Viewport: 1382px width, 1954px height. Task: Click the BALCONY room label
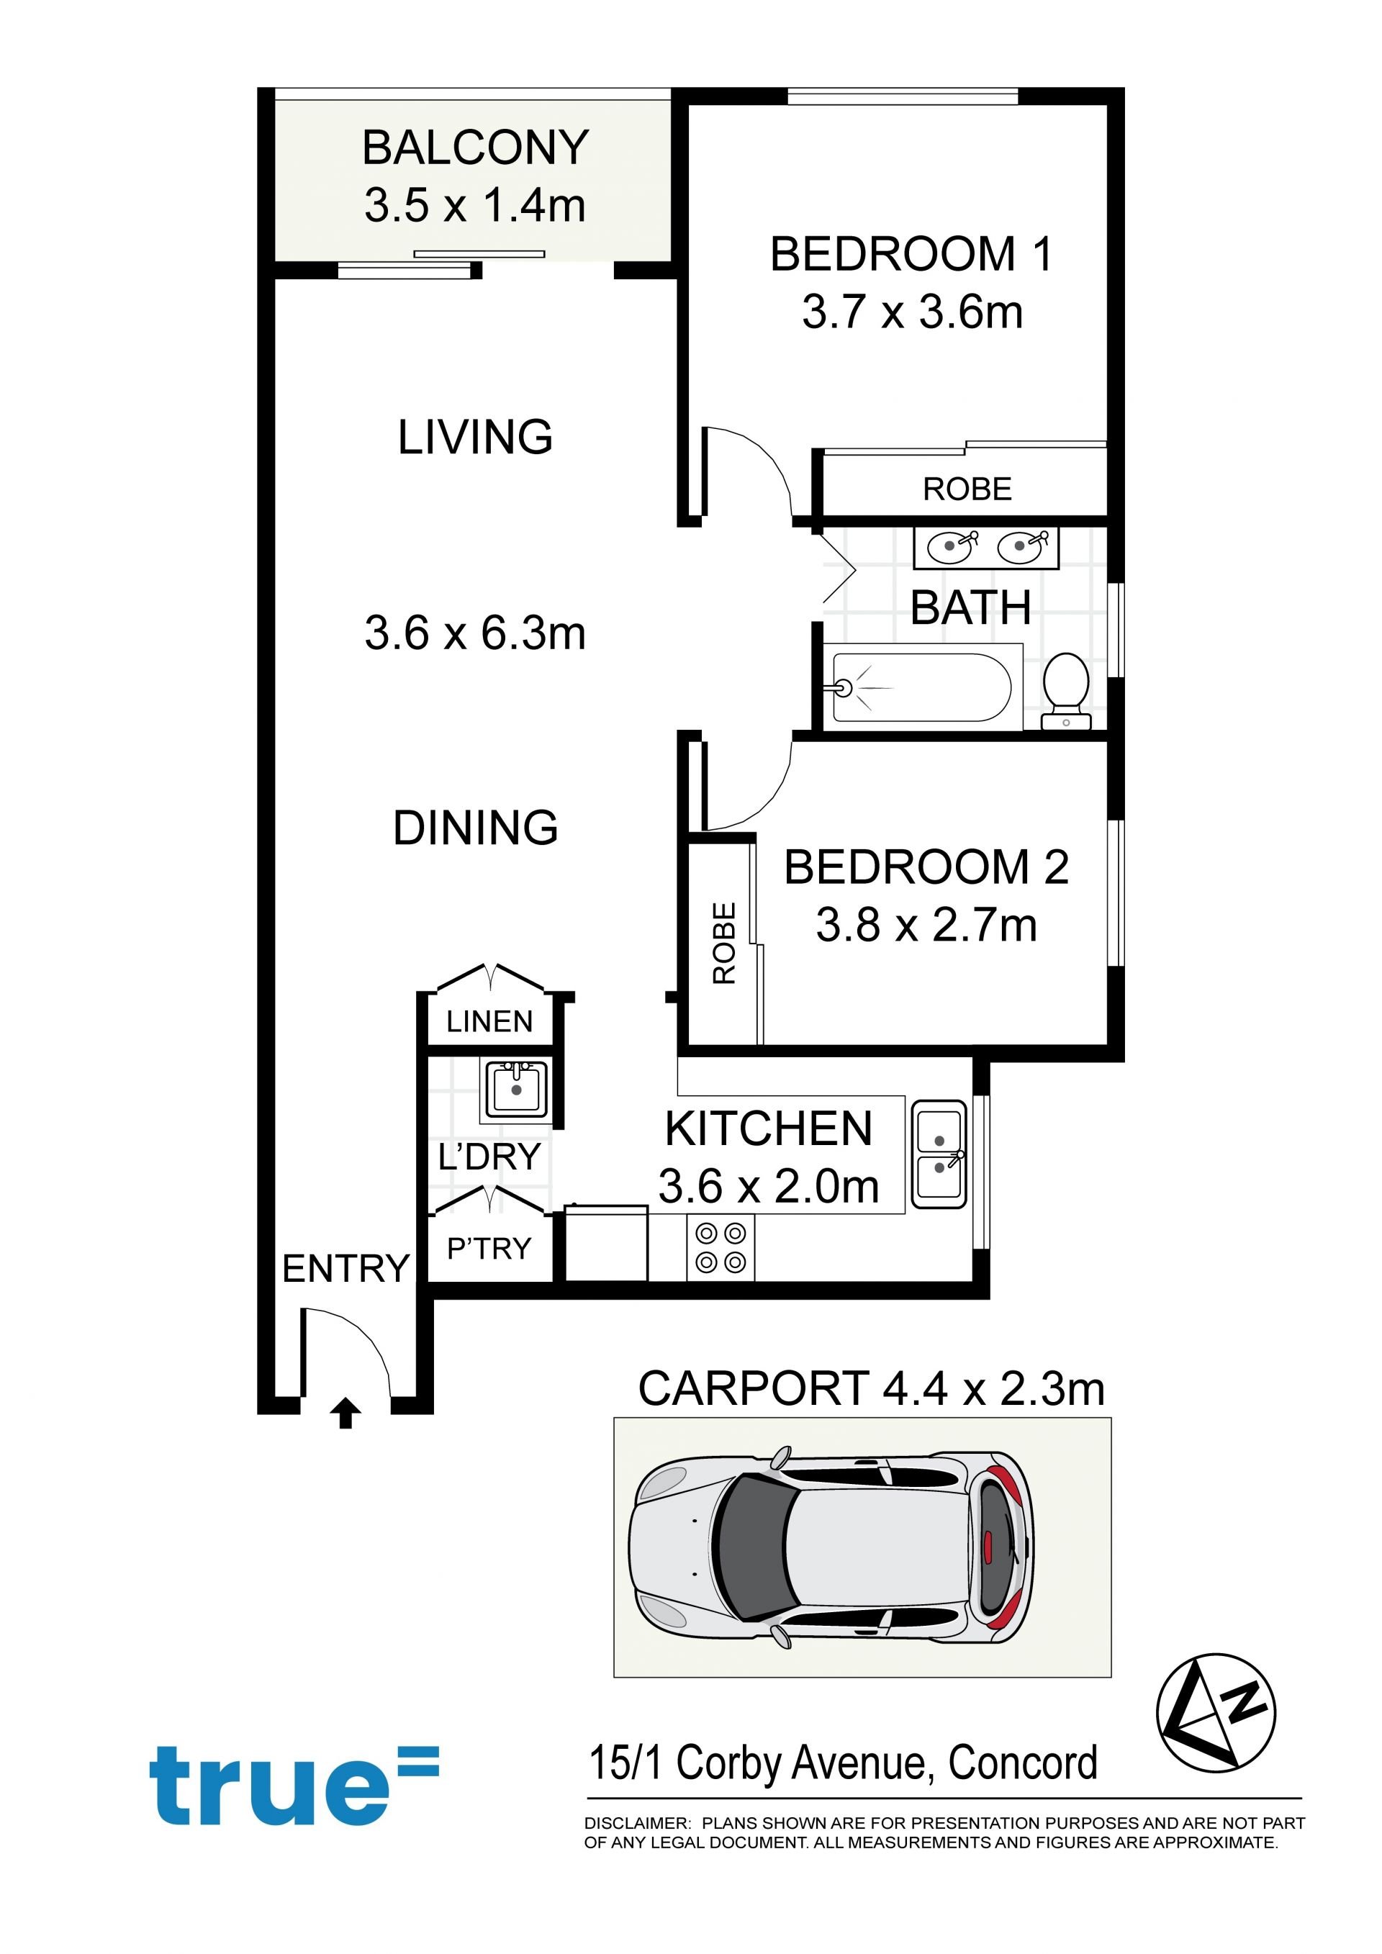click(475, 148)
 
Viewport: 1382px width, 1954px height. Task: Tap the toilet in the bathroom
click(1066, 690)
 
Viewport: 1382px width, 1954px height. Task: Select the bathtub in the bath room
click(921, 687)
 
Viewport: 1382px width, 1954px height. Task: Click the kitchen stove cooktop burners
click(720, 1249)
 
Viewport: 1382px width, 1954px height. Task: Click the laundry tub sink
click(515, 1088)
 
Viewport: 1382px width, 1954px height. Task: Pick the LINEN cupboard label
click(489, 1021)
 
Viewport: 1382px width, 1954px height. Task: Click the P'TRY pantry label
click(489, 1249)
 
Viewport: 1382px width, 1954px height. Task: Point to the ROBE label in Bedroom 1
click(967, 489)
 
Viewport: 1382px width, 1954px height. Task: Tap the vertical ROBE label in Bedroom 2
click(724, 943)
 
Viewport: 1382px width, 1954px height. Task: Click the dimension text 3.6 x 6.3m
click(475, 633)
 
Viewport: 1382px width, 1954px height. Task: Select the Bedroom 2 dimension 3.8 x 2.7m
click(926, 925)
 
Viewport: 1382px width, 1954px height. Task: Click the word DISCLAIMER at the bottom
click(636, 1824)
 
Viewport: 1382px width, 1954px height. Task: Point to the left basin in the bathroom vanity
click(951, 546)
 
